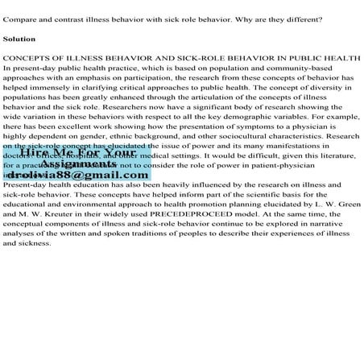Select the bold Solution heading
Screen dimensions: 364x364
pos(19,38)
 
